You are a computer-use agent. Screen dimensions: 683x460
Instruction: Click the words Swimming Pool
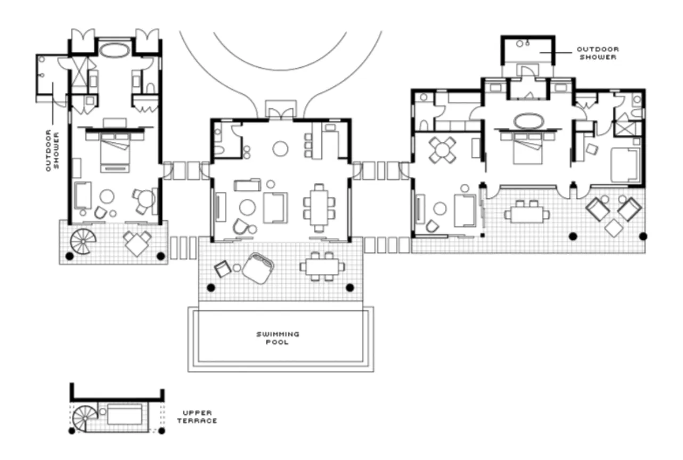[278, 338]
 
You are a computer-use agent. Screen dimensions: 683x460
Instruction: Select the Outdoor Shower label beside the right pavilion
[597, 53]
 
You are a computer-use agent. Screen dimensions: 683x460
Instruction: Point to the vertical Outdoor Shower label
[52, 150]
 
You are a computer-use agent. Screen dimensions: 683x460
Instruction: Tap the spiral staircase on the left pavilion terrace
[84, 241]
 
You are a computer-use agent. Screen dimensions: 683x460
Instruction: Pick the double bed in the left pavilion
[115, 152]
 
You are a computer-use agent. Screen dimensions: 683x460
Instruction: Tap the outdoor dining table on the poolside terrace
[322, 266]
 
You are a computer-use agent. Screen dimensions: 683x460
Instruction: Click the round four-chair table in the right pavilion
[443, 149]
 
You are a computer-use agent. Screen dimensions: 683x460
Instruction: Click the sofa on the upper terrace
[125, 414]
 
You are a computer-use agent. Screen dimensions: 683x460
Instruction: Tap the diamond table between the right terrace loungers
[614, 229]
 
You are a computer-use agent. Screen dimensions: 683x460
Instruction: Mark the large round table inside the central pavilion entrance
[280, 149]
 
